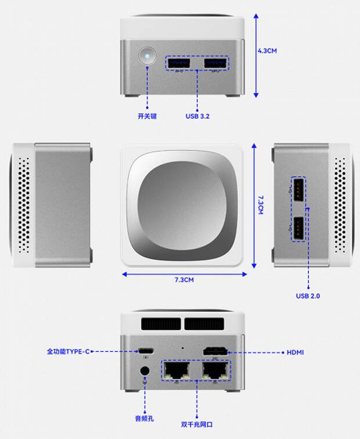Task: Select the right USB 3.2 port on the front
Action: click(215, 62)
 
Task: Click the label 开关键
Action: click(147, 116)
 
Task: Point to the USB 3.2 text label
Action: click(197, 116)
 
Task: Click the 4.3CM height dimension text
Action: click(267, 51)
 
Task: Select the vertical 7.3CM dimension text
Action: click(261, 204)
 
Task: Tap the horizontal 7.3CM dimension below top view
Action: click(183, 280)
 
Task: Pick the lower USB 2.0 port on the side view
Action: click(298, 228)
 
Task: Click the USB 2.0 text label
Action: click(308, 296)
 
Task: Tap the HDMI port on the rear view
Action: click(215, 352)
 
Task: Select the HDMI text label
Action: click(296, 352)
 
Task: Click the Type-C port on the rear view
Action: click(146, 351)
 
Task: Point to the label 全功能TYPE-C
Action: click(69, 352)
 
